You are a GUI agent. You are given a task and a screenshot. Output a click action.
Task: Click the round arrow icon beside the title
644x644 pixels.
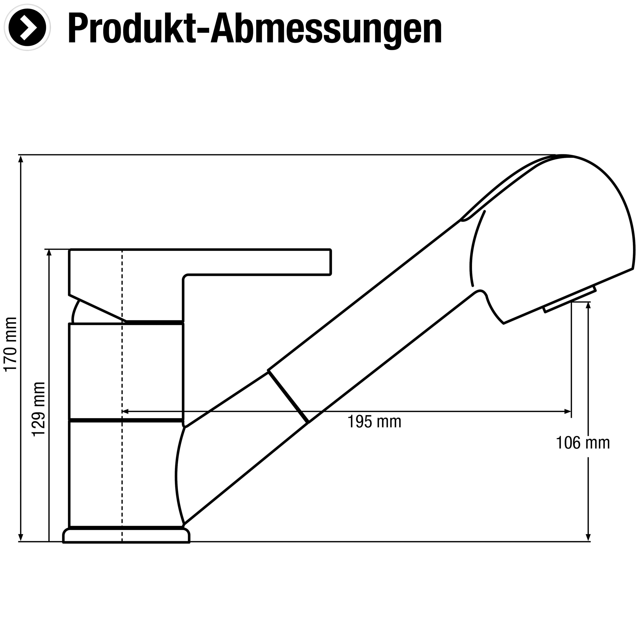[29, 29]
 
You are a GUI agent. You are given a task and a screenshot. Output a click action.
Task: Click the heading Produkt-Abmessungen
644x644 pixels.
[255, 29]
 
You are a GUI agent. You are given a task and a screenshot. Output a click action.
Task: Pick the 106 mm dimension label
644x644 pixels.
[583, 443]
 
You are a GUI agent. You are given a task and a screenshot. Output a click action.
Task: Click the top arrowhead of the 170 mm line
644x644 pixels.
[21, 158]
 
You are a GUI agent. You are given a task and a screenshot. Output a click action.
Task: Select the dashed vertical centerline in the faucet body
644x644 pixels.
[122, 367]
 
